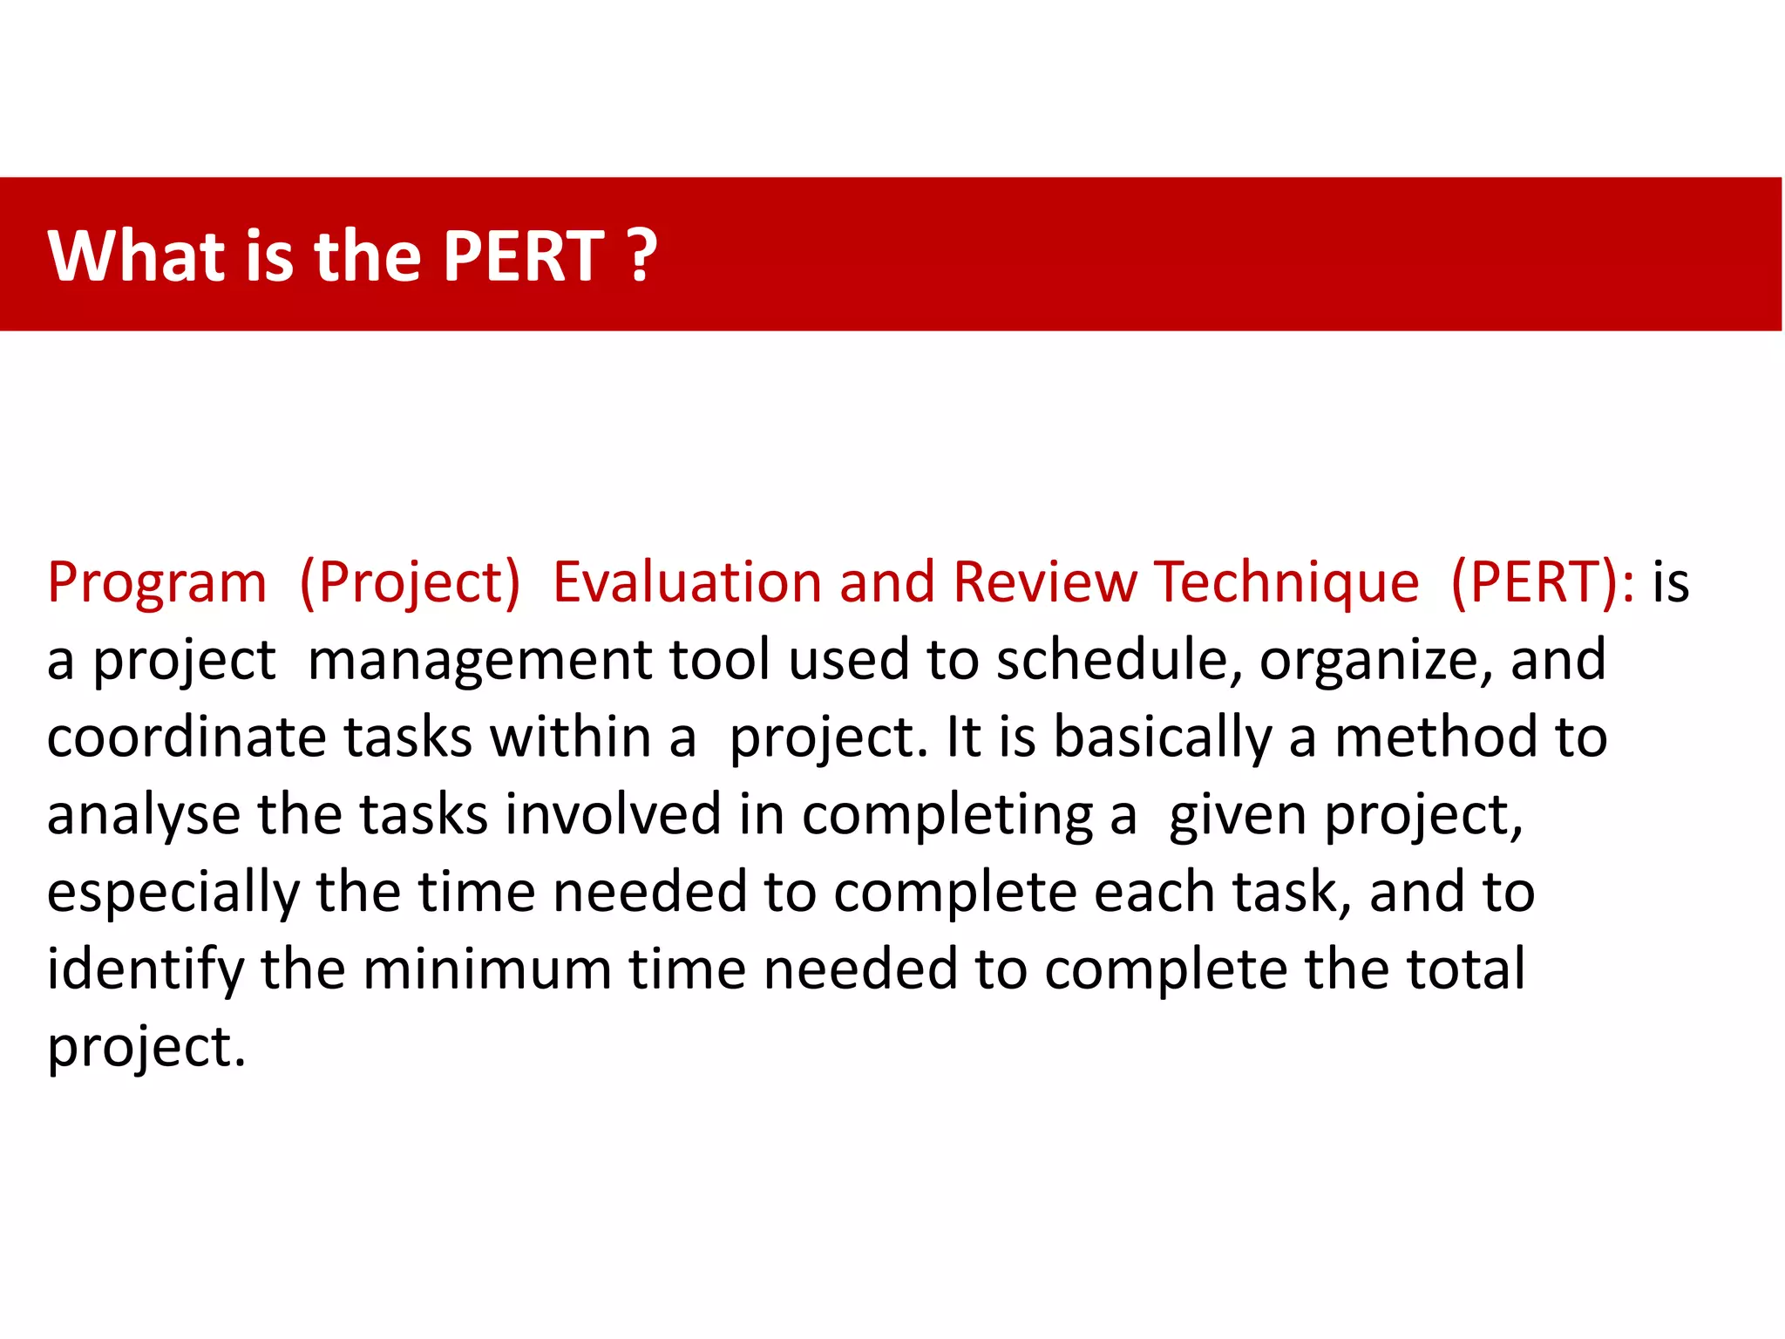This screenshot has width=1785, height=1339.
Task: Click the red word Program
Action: (157, 582)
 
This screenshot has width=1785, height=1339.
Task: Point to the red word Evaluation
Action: (687, 582)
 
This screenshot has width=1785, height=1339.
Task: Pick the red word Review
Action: (1045, 582)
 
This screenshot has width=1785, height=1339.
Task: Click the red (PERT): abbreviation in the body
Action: (1543, 582)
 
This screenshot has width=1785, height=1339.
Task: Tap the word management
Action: (479, 660)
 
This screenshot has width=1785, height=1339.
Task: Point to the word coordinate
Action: (187, 737)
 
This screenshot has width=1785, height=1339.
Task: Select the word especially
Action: (173, 894)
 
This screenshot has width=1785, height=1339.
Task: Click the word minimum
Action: (487, 970)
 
